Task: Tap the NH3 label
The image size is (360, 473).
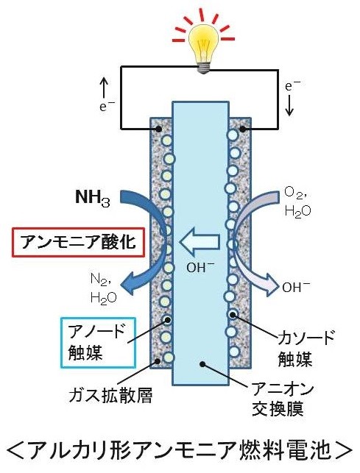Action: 93,198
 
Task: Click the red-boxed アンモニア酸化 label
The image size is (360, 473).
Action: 78,242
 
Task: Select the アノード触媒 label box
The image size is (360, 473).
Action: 98,342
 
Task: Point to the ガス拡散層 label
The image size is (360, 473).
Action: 110,395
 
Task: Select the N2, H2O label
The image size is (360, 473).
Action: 103,288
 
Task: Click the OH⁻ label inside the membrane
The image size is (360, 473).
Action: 200,267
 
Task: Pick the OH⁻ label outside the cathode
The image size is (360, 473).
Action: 296,287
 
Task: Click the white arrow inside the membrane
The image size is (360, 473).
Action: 200,242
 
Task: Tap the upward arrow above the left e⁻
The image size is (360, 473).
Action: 104,88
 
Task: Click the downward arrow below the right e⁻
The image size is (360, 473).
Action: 289,105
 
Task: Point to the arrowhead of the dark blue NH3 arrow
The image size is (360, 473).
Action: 128,284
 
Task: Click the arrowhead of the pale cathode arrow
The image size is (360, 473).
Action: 271,286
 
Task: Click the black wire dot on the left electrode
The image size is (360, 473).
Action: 158,129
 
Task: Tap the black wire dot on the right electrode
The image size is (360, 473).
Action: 242,129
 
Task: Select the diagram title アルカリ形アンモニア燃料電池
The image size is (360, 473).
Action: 180,450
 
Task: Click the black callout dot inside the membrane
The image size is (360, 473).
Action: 203,364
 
